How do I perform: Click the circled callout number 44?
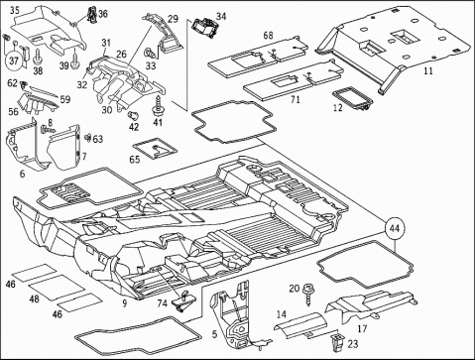(395, 228)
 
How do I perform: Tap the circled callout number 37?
(14, 60)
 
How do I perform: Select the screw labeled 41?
(158, 105)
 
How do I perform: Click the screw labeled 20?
(307, 295)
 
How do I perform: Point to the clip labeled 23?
(337, 342)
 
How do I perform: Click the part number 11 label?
(428, 70)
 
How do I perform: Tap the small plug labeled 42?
(133, 116)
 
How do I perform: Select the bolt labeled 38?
(38, 57)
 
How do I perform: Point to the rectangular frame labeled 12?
(352, 98)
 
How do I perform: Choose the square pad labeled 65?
(155, 148)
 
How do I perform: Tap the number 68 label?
(269, 35)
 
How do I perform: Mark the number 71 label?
(295, 99)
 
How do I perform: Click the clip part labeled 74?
(184, 300)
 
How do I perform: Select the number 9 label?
(124, 302)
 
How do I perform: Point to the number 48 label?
(34, 299)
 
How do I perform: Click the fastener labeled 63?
(88, 137)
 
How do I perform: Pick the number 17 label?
(362, 328)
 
